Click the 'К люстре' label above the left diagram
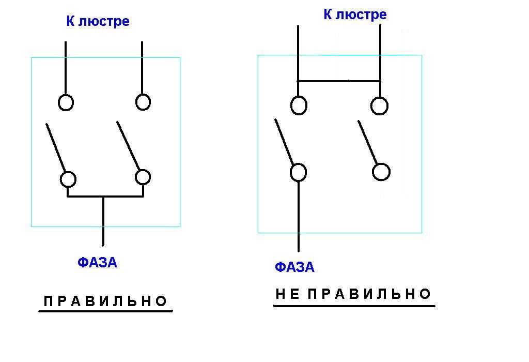coord(98,21)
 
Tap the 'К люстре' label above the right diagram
coord(355,14)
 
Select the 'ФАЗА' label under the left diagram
coord(97,263)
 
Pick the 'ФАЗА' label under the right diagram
coord(294,267)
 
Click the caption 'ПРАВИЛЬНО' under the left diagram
coord(106,301)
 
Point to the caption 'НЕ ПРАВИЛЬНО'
coord(353,294)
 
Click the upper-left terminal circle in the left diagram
coord(66,102)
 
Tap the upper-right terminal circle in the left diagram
coord(143,102)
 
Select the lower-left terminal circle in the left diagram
coord(68,179)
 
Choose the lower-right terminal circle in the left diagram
coord(143,177)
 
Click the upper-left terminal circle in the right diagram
coord(299,105)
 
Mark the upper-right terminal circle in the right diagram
coord(379,105)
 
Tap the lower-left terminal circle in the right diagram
coord(298,172)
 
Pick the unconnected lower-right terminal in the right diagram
coord(381,172)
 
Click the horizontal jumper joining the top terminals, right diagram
coord(339,81)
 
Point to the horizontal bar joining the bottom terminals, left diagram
coord(105,197)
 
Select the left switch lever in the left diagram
coord(56,148)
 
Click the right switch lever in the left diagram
coord(128,146)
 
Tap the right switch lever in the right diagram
coord(368,142)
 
